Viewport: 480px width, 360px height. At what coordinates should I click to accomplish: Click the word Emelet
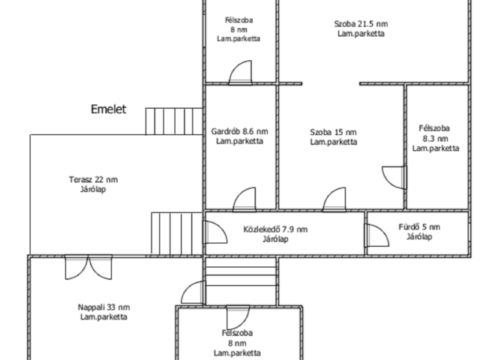[108, 109]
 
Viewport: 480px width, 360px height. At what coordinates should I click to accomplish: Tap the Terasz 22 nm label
[93, 179]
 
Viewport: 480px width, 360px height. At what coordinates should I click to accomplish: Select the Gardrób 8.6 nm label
[240, 131]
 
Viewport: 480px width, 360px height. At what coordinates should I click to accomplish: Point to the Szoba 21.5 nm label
[361, 24]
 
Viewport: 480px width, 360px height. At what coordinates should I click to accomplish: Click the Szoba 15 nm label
[333, 132]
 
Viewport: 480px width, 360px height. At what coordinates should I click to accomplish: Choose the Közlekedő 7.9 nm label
[275, 229]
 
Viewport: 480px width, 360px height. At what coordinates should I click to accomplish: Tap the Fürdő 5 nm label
[419, 226]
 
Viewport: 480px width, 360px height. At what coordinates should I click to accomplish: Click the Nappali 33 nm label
[103, 307]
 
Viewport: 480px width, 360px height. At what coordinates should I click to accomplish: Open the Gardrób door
[244, 199]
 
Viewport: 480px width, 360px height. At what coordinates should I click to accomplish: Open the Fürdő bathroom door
[376, 235]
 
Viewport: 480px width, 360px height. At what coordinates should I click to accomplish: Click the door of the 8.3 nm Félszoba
[394, 178]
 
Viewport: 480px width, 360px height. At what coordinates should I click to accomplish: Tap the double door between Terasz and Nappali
[88, 267]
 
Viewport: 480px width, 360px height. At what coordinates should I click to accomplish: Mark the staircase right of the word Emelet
[174, 121]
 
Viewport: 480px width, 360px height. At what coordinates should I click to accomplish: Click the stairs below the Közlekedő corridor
[241, 281]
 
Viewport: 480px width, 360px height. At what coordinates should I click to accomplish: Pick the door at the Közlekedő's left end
[215, 232]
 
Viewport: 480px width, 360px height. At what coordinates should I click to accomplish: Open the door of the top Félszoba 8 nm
[241, 73]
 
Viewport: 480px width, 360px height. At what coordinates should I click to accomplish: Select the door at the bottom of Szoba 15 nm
[334, 199]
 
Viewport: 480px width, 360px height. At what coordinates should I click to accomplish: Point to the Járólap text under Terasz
[93, 189]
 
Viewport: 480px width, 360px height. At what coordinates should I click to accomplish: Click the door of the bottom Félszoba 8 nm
[238, 317]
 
